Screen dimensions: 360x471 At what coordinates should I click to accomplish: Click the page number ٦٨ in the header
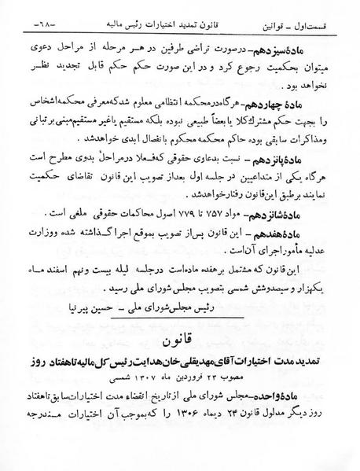click(x=24, y=14)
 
